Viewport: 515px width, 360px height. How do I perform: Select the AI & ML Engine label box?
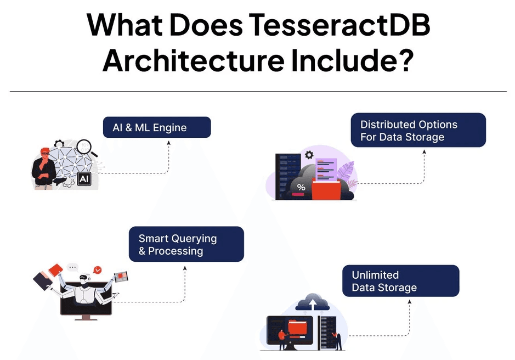click(x=157, y=127)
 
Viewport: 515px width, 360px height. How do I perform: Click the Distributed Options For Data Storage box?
click(x=418, y=130)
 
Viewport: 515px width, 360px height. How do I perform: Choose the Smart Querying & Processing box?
click(x=186, y=244)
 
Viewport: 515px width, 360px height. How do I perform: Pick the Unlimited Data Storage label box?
click(x=401, y=281)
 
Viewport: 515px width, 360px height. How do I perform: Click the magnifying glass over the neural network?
click(x=84, y=147)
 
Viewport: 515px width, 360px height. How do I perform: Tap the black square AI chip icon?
click(x=84, y=179)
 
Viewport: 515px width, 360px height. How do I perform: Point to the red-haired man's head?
click(x=44, y=153)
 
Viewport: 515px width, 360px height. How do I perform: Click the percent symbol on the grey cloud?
click(x=301, y=188)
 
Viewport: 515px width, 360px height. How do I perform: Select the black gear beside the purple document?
click(x=309, y=155)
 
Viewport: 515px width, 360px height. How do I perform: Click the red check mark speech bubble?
click(x=98, y=270)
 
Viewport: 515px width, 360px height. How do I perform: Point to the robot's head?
click(x=84, y=279)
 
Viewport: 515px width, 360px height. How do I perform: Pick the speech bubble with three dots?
click(x=72, y=267)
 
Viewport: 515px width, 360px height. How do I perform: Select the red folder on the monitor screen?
click(x=298, y=327)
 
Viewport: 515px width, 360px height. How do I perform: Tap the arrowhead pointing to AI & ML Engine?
click(x=169, y=143)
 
